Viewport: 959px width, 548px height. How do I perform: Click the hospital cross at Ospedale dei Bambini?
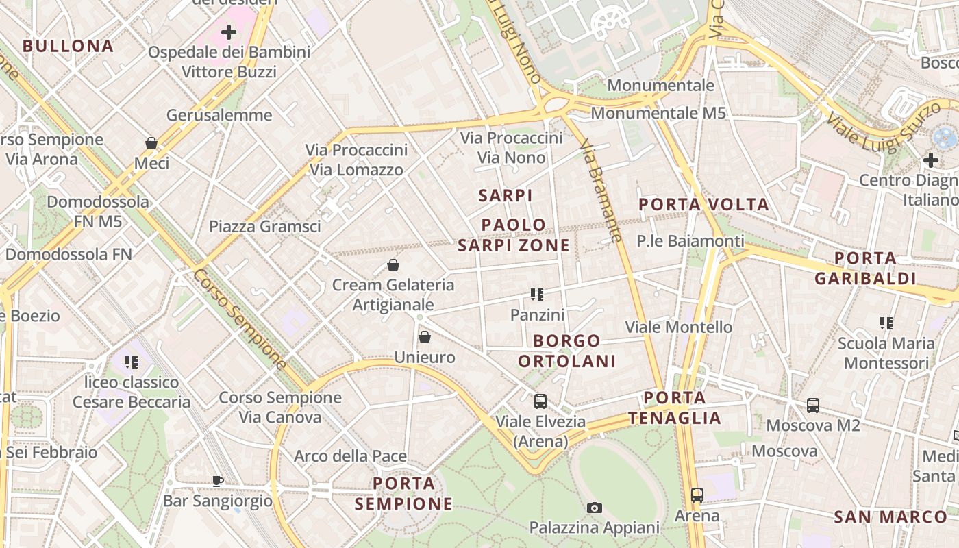pyautogui.click(x=229, y=32)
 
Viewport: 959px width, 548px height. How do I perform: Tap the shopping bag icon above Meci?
pyautogui.click(x=151, y=143)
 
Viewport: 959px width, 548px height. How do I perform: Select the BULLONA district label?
pyautogui.click(x=68, y=47)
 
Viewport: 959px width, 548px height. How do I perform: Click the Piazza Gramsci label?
pyautogui.click(x=264, y=226)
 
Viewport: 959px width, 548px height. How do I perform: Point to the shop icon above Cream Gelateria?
pyautogui.click(x=393, y=265)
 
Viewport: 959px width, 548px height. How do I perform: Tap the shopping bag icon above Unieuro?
pyautogui.click(x=425, y=337)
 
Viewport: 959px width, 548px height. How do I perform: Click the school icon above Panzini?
pyautogui.click(x=537, y=295)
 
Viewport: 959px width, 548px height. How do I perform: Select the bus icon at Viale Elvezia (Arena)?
pyautogui.click(x=540, y=401)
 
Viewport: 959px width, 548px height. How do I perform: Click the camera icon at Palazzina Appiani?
pyautogui.click(x=595, y=508)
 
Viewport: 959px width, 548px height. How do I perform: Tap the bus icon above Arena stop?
pyautogui.click(x=697, y=495)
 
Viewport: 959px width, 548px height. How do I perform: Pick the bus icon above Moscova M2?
pyautogui.click(x=813, y=405)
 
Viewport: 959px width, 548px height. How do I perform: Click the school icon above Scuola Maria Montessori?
pyautogui.click(x=886, y=323)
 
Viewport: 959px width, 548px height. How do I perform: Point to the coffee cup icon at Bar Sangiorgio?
pyautogui.click(x=218, y=481)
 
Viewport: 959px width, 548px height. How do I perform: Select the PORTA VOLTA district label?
pyautogui.click(x=703, y=204)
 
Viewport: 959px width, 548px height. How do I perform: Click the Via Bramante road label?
pyautogui.click(x=601, y=192)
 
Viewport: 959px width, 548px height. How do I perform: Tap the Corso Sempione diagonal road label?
pyautogui.click(x=239, y=319)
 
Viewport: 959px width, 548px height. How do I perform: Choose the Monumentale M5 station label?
pyautogui.click(x=658, y=113)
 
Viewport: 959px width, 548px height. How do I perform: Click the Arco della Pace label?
pyautogui.click(x=350, y=456)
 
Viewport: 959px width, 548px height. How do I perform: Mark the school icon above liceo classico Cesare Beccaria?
pyautogui.click(x=132, y=362)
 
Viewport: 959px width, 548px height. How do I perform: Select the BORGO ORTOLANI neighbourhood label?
pyautogui.click(x=566, y=351)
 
